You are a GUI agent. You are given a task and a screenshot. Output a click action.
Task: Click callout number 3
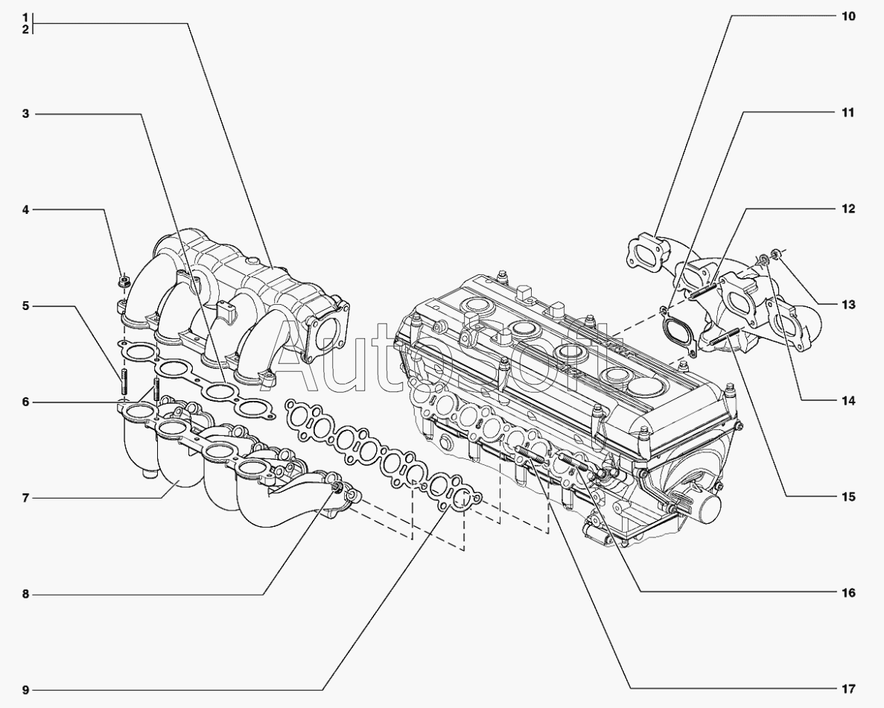click(x=25, y=114)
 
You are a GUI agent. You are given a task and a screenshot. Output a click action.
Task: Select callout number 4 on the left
click(x=25, y=210)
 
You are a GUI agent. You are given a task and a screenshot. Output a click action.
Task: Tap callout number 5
click(x=25, y=306)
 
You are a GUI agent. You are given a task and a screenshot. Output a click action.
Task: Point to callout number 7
click(x=25, y=498)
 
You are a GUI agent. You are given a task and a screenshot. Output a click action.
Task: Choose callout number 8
click(x=25, y=594)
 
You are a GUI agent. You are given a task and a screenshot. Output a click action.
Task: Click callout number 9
click(x=25, y=690)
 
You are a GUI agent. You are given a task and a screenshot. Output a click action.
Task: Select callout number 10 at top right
click(x=848, y=16)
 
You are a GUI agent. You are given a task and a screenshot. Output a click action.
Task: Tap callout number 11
click(x=848, y=113)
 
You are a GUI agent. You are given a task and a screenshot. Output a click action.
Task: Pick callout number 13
click(x=848, y=305)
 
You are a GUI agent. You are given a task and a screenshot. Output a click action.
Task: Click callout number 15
click(x=848, y=497)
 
